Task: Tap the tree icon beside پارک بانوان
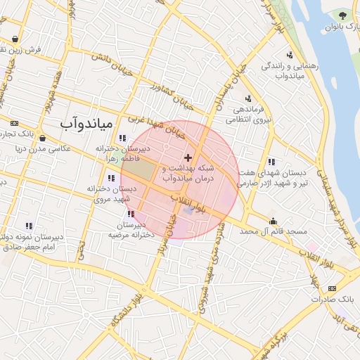click(343, 14)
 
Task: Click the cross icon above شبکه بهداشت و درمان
click(187, 157)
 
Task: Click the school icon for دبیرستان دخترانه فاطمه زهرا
click(123, 138)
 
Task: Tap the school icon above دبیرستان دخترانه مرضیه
click(131, 214)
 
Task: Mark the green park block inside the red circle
click(143, 169)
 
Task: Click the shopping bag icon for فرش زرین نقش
click(15, 40)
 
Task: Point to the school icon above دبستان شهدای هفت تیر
click(271, 162)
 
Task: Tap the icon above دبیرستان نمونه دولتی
click(29, 226)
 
